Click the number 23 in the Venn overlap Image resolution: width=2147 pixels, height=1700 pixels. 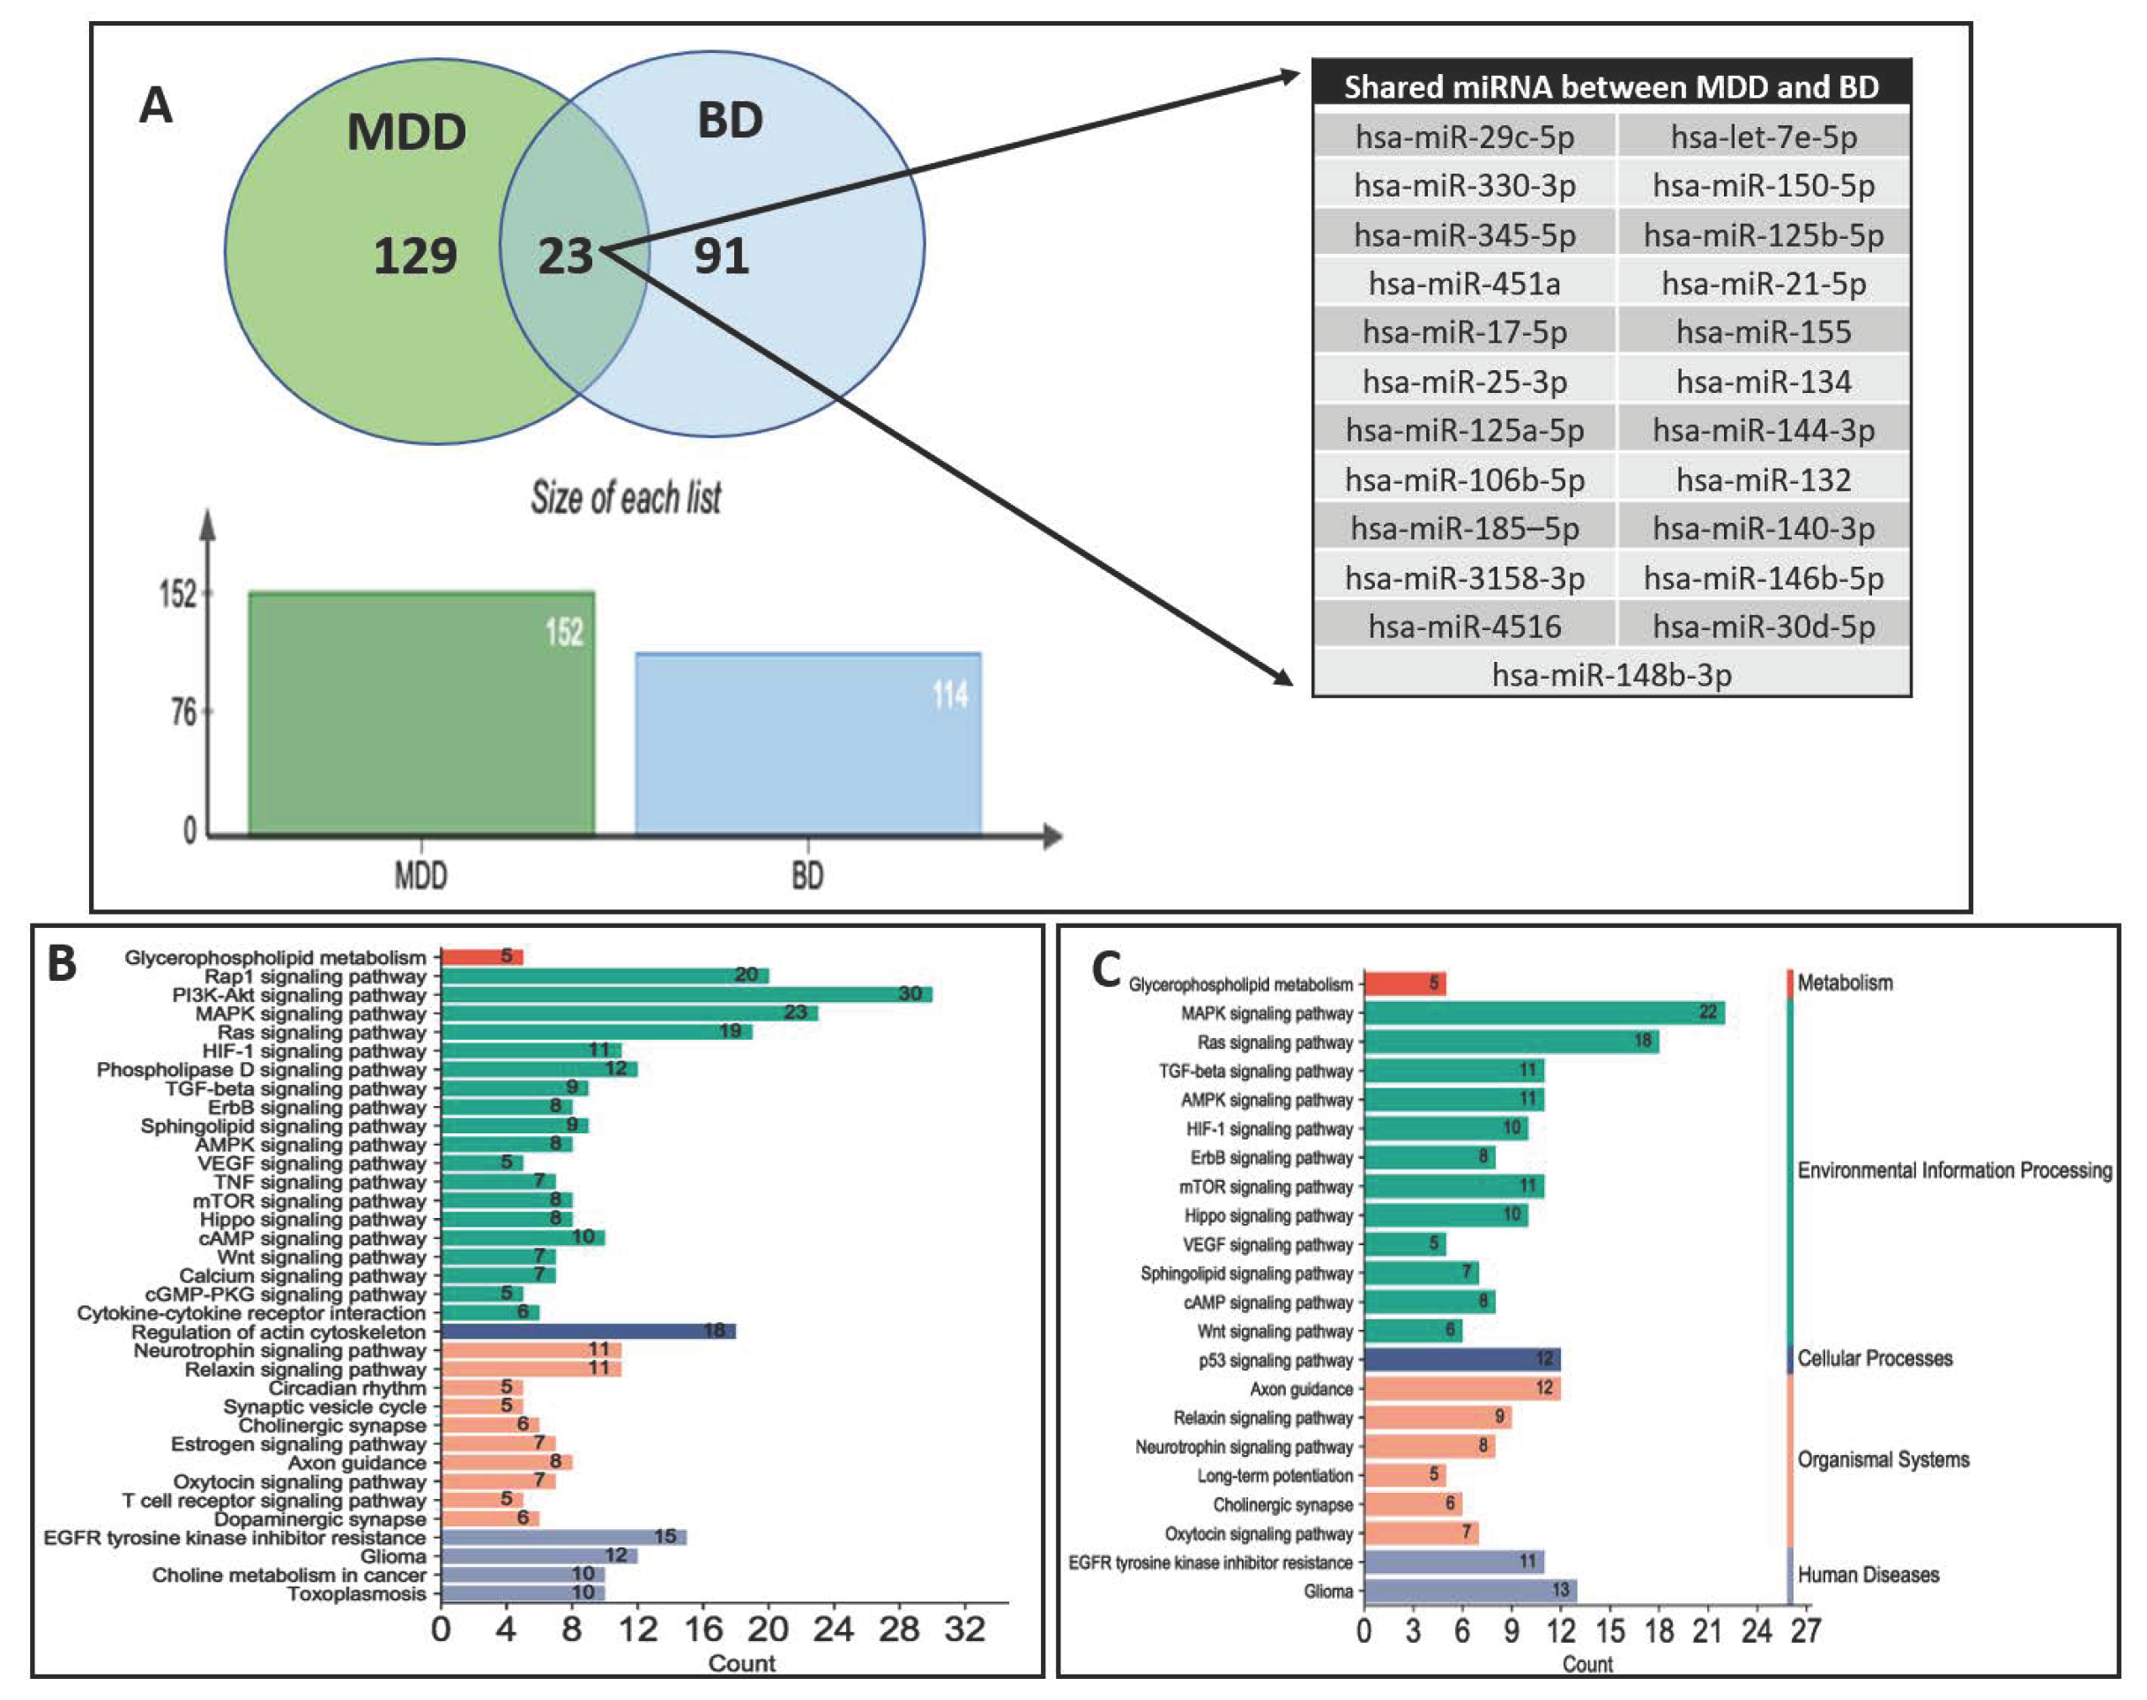click(565, 256)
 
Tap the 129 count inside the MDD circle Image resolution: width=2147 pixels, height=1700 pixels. click(415, 256)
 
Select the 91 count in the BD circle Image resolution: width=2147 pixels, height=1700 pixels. click(721, 256)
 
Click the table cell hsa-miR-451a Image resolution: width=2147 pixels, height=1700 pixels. click(1463, 284)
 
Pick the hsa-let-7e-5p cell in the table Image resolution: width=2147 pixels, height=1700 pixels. click(1763, 137)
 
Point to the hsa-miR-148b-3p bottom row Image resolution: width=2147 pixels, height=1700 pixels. click(1610, 675)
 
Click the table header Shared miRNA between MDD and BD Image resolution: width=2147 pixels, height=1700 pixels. click(1610, 86)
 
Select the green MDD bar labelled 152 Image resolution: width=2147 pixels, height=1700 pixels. click(421, 712)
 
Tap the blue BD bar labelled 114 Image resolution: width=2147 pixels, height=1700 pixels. click(807, 743)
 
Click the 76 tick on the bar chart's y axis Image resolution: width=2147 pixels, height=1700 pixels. click(184, 713)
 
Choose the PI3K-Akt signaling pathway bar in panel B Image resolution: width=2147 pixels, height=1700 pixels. click(686, 994)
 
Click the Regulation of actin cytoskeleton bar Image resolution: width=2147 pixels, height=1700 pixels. click(587, 1332)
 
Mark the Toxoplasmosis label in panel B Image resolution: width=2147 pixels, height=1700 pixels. click(356, 1593)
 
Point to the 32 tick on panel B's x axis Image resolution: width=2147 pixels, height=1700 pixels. click(964, 1629)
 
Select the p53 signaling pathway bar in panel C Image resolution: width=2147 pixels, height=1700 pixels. click(1461, 1360)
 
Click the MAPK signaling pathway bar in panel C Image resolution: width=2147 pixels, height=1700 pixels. click(1542, 1013)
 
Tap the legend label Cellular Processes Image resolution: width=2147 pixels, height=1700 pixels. click(1875, 1359)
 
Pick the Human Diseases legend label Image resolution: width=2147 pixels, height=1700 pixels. click(1868, 1575)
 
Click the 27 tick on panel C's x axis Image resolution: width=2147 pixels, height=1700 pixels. click(1805, 1631)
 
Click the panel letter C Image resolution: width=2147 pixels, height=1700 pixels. click(1106, 970)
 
